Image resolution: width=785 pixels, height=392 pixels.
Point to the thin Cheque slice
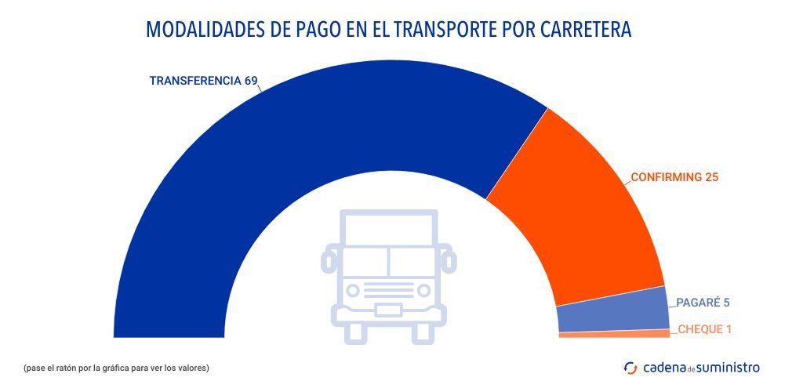[x=614, y=334]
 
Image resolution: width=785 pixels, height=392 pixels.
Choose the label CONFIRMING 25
[x=674, y=177]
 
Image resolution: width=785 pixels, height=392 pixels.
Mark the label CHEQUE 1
[x=704, y=329]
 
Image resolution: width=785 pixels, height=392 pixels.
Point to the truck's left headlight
[x=354, y=291]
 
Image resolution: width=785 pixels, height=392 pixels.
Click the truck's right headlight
[x=424, y=291]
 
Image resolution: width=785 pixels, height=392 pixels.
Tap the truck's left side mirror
[x=329, y=256]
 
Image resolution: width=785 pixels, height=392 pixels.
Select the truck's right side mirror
[x=449, y=256]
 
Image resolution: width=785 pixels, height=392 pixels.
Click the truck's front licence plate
[x=389, y=310]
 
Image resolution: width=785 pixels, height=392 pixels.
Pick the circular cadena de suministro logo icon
[x=631, y=367]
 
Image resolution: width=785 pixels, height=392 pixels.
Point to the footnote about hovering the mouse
[x=116, y=367]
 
